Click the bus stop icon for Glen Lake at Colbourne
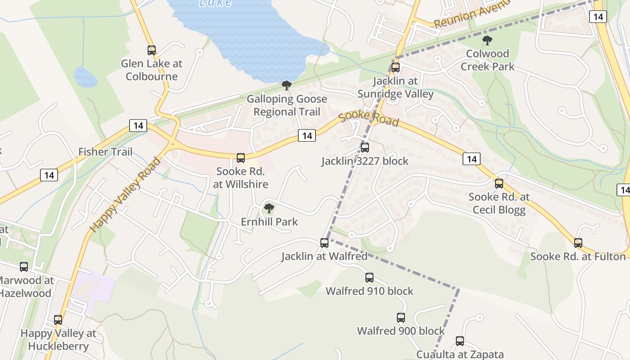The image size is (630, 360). point(152,50)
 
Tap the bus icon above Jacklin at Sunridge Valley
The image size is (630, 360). point(395,67)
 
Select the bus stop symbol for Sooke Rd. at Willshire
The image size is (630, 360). point(241,158)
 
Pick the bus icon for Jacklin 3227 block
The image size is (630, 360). point(365,147)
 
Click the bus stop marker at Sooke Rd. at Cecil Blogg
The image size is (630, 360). point(499,184)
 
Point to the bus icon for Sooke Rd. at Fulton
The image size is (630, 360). point(578,243)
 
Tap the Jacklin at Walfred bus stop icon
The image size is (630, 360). point(324,243)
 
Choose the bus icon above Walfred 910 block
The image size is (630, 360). point(369,278)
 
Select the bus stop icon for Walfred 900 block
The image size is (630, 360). point(401,318)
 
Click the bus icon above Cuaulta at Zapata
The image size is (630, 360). point(459,341)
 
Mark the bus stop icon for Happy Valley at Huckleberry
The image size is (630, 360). point(58,320)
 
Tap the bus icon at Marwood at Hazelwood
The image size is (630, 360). point(24,267)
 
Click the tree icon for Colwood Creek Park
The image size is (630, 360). point(487,40)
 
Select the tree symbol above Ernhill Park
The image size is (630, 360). point(269,208)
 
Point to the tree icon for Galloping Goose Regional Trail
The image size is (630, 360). point(286,85)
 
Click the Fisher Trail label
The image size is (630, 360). point(105,152)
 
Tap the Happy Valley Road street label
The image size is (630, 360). point(125,194)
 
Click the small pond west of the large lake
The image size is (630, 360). point(85,77)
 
